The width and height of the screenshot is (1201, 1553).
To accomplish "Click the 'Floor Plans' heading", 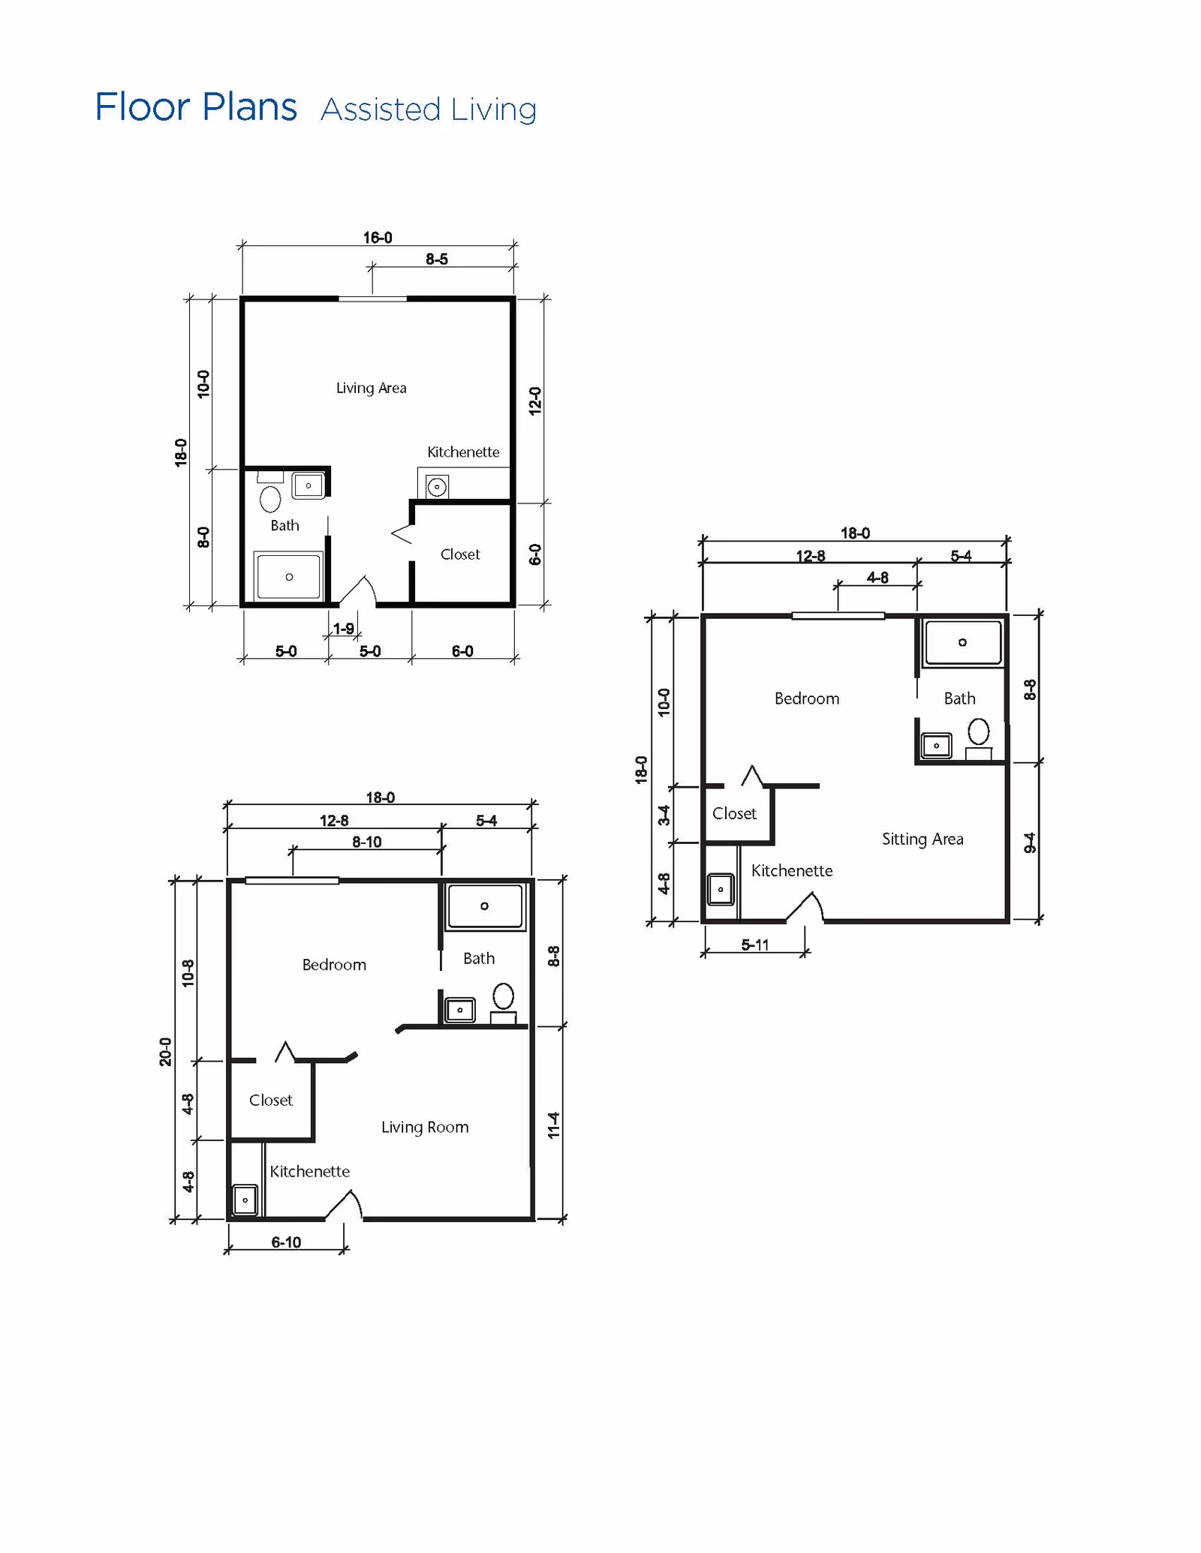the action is (x=196, y=107).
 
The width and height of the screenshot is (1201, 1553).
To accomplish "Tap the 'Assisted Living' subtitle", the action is (x=429, y=110).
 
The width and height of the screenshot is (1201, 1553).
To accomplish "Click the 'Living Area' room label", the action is (x=371, y=388).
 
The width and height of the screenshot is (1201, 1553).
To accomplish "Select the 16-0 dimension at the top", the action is (x=378, y=238).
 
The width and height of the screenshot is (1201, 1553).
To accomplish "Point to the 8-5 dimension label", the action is (x=437, y=259).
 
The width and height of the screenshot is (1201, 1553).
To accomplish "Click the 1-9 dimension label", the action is (x=344, y=629).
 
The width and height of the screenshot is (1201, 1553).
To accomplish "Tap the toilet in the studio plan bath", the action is (x=270, y=498).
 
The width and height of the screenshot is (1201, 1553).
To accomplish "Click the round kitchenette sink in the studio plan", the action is (x=437, y=487).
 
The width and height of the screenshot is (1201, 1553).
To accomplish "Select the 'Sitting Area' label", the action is (x=923, y=839).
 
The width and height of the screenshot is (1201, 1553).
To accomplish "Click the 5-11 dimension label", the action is (x=755, y=945).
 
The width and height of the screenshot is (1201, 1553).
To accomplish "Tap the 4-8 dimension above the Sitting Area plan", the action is (x=877, y=578).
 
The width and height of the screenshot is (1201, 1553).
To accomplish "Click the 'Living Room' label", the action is (x=425, y=1127).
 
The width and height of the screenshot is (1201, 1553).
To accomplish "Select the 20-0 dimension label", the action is (x=165, y=1052).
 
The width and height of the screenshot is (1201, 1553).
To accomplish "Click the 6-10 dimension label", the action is (x=286, y=1242).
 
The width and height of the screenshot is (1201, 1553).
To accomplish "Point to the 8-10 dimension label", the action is (x=367, y=842).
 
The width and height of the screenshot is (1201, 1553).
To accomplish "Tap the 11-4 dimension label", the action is (x=554, y=1125).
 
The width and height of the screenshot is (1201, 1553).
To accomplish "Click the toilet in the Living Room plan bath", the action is (x=503, y=997).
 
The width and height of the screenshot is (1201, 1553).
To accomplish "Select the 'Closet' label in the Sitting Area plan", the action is (x=734, y=813).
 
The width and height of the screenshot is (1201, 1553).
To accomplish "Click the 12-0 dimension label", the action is (x=535, y=401).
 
